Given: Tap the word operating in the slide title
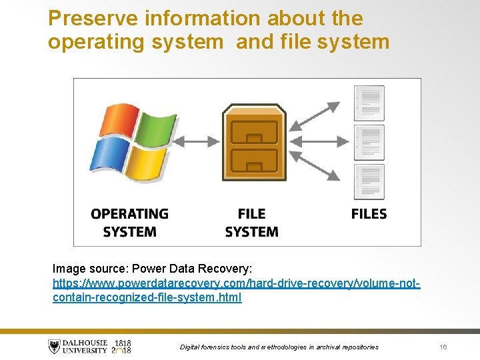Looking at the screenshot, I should pos(92,43).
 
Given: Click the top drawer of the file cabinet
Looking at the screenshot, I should pos(254,133).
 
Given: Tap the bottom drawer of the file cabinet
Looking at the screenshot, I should pos(254,161).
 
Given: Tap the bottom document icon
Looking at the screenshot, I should pos(369,181).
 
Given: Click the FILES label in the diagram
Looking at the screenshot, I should pos(369,214).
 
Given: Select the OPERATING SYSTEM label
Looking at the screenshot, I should pos(129,223).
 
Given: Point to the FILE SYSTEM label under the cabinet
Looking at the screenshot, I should pos(251,223).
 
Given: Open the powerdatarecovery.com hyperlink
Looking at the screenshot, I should pos(236,291).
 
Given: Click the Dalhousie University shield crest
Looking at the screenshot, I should pos(54,347).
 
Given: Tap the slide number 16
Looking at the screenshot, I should pos(443,347).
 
